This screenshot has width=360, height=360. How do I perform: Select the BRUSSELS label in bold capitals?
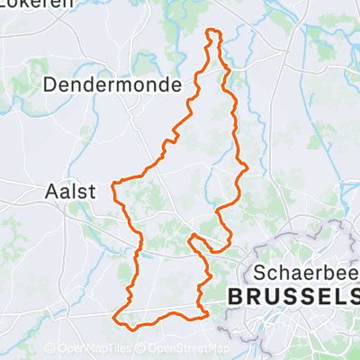coord(293,296)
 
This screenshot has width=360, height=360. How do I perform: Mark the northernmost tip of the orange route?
coord(213,31)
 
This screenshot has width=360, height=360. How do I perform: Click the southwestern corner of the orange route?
coord(115,318)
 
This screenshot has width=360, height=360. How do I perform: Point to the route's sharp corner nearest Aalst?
coord(112,184)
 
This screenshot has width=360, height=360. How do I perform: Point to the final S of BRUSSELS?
coord(354,296)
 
